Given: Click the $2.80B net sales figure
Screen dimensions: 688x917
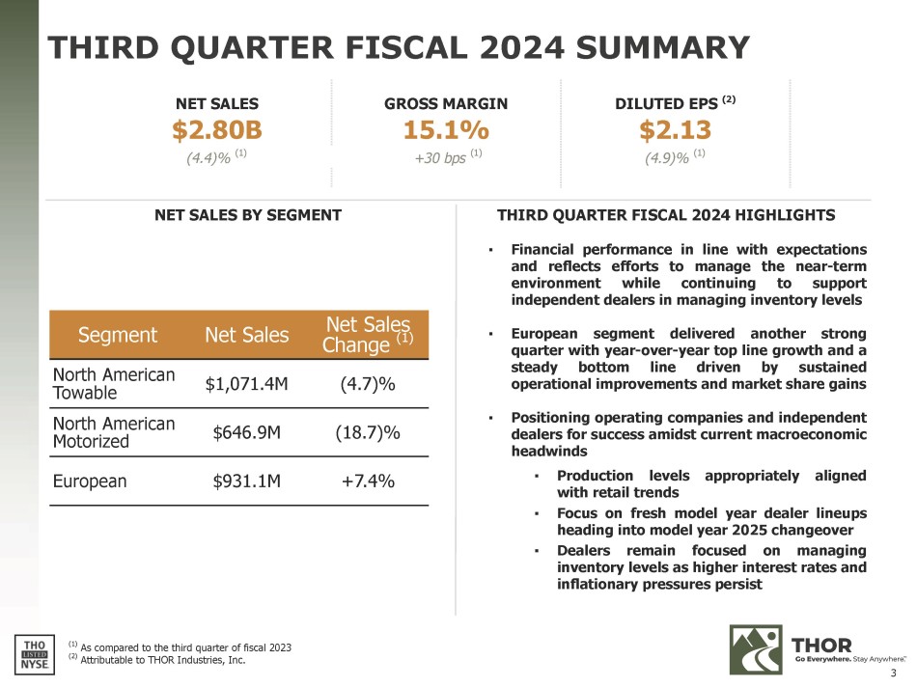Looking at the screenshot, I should [x=217, y=129].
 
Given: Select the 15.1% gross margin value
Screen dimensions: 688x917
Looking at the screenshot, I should [x=446, y=129].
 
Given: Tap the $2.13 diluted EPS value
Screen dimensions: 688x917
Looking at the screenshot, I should [x=676, y=129].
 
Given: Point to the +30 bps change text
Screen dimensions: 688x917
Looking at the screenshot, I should [x=439, y=156].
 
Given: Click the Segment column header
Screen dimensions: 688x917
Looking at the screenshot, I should [x=105, y=336].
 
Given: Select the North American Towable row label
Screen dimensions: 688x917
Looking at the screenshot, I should [x=114, y=383].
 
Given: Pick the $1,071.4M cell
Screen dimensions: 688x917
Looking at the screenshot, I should [x=247, y=384].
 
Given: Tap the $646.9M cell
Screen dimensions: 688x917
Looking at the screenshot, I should [x=247, y=432].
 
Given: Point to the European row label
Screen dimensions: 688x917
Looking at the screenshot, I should [x=90, y=481].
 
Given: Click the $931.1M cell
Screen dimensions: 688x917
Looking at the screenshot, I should [x=247, y=481].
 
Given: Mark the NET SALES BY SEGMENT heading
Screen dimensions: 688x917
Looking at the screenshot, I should [x=248, y=215].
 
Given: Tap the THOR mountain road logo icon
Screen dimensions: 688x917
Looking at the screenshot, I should [x=755, y=648].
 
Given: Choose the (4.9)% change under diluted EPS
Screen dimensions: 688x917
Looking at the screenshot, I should [x=669, y=156].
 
